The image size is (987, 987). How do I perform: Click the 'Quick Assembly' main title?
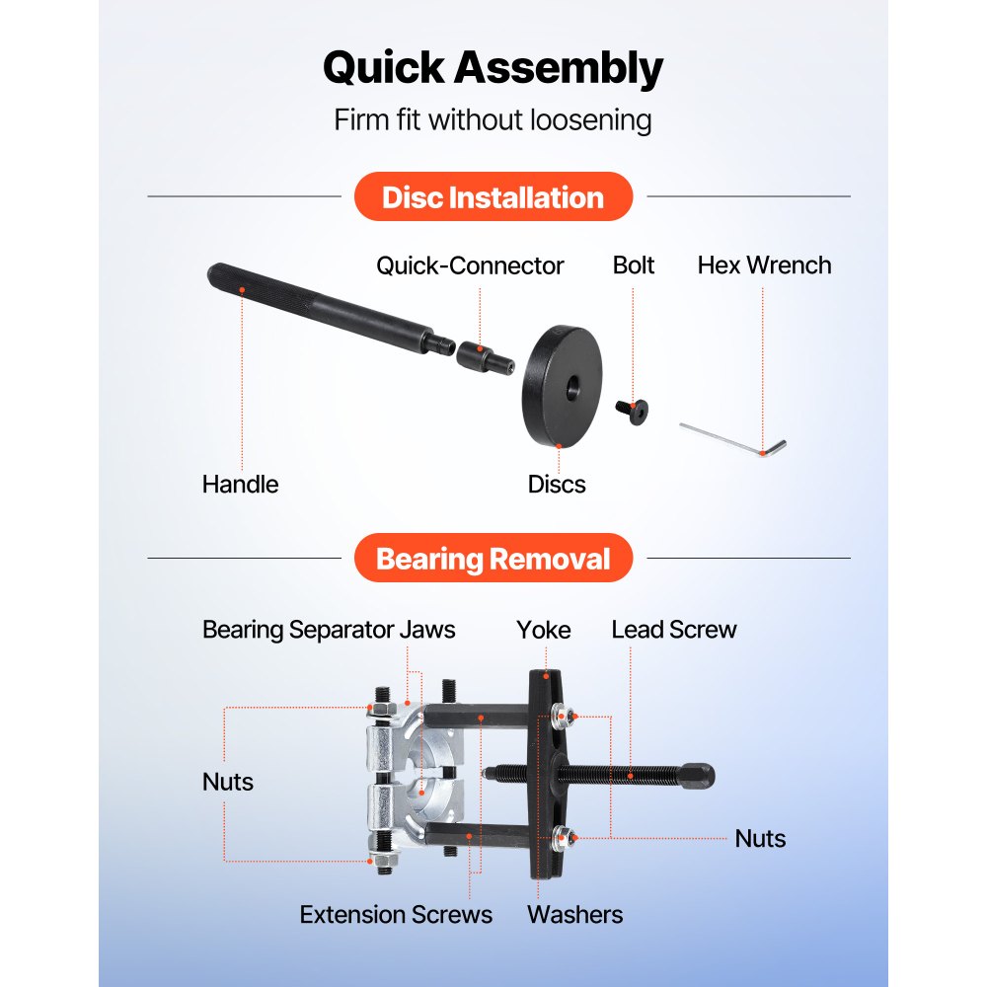(493, 69)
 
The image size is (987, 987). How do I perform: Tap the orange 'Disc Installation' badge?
(493, 196)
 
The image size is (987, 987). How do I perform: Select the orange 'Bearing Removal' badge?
(493, 560)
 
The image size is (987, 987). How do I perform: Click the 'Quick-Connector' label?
(470, 266)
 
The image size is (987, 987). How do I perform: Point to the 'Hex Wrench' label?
(764, 266)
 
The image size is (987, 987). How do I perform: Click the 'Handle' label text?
(240, 485)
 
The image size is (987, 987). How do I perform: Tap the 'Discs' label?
(557, 485)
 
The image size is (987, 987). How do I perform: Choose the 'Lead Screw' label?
(674, 630)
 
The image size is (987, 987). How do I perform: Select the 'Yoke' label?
(544, 630)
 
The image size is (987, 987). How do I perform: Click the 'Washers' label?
(574, 915)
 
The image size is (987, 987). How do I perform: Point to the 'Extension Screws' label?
(396, 915)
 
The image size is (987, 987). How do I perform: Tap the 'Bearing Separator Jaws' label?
(329, 630)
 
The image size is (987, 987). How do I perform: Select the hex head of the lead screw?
(699, 777)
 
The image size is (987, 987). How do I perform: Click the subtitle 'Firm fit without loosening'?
(493, 120)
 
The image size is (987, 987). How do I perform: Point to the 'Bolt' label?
(634, 266)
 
